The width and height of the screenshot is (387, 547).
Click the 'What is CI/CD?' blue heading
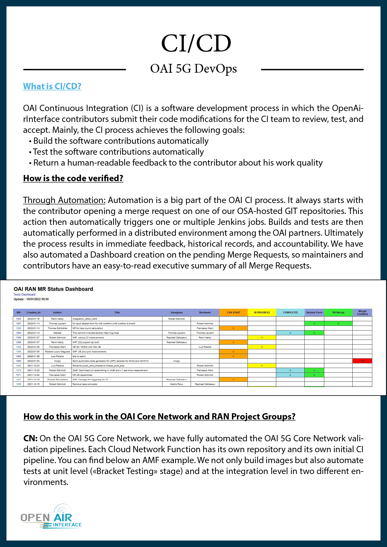coord(52,86)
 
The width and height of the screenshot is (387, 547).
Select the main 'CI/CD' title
coord(196,43)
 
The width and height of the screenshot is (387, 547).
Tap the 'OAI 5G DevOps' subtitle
coord(193,69)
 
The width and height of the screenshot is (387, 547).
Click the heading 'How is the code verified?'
coord(73,178)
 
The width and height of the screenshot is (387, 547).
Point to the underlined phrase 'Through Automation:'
coord(64,200)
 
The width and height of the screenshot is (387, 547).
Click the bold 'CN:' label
coord(30,438)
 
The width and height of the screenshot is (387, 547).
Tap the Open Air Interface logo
coord(51,517)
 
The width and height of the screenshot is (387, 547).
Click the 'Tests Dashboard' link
coord(24,294)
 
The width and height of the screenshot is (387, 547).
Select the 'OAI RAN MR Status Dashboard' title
coord(53,289)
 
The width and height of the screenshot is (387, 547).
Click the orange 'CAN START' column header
coord(233,312)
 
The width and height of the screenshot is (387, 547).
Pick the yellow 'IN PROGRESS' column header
coord(262,312)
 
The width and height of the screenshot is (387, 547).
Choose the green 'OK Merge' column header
coord(338,312)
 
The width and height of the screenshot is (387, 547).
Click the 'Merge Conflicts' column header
coord(362,312)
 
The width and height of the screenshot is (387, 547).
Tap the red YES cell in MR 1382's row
coord(362,361)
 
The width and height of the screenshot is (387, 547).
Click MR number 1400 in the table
coord(18,319)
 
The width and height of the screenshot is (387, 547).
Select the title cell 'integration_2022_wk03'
coord(85,319)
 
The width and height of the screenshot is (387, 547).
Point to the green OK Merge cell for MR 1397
coord(338,324)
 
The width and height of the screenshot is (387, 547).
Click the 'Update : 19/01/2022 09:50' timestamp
coord(31,299)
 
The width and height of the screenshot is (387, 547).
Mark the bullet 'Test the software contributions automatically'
coord(118,152)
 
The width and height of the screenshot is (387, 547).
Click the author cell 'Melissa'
coord(57,333)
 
